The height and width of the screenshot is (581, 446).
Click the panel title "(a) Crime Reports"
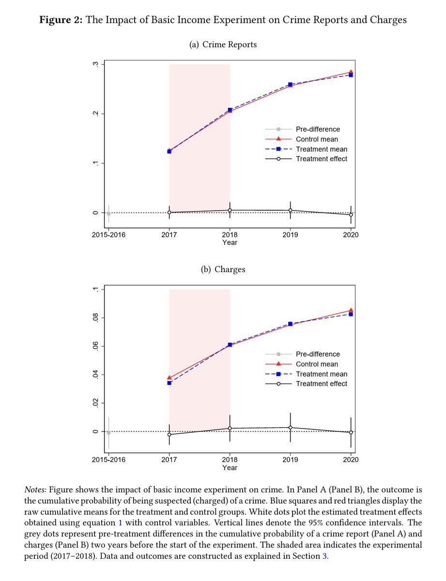pyautogui.click(x=223, y=45)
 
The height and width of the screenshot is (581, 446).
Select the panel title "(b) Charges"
pyautogui.click(x=223, y=270)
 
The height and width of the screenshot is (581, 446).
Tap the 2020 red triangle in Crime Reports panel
pyautogui.click(x=351, y=72)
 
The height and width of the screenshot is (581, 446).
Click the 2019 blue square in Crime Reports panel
pyautogui.click(x=290, y=85)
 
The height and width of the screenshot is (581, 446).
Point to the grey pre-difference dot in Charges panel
pyautogui.click(x=108, y=433)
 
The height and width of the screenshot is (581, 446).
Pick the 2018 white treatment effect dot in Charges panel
pyautogui.click(x=230, y=428)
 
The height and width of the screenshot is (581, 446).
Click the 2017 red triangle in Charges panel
pyautogui.click(x=169, y=377)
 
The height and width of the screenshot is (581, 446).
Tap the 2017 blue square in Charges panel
pyautogui.click(x=169, y=383)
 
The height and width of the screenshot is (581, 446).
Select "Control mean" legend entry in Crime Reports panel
pyautogui.click(x=317, y=139)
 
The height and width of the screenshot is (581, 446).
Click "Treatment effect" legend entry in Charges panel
pyautogui.click(x=322, y=384)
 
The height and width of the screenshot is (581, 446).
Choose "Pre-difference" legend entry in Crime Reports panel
pyautogui.click(x=318, y=129)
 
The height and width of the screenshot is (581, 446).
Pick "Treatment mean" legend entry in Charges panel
pyautogui.click(x=322, y=374)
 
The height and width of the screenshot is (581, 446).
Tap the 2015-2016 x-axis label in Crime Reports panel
pyautogui.click(x=108, y=234)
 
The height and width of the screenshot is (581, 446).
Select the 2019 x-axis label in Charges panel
pyautogui.click(x=290, y=459)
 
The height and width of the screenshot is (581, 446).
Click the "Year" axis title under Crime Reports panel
pyautogui.click(x=230, y=242)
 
